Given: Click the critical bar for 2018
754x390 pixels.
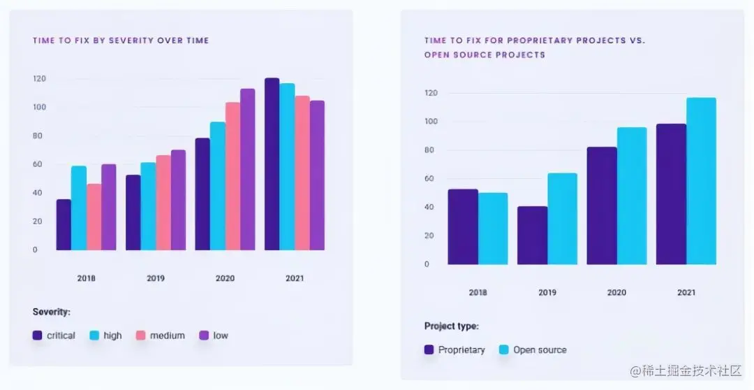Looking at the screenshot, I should pos(64,225).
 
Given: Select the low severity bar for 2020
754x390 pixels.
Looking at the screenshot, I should pos(247,170).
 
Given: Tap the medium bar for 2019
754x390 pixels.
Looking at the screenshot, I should pos(163,203).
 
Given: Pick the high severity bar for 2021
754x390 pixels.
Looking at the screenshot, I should pos(287,167).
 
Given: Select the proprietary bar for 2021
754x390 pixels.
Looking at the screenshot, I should pos(671,195).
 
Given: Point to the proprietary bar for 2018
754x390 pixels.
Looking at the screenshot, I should pos(463,227).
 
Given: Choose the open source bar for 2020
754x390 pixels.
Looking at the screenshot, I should pos(632,196).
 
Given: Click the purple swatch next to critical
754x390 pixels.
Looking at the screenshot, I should pos(38,335).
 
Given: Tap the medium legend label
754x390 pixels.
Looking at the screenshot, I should pos(168,335).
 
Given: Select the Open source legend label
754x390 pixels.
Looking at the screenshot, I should pos(540,349).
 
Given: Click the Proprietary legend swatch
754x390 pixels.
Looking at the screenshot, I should pos(429,349).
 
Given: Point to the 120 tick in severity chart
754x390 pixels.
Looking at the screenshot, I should pos(39,78).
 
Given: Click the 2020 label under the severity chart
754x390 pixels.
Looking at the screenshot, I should pos(225,278).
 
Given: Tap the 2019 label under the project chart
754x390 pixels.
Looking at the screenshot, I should pos(547,292).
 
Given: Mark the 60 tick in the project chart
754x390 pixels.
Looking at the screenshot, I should pos(430,179).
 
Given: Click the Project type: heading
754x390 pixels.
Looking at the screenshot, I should pos(452,326).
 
